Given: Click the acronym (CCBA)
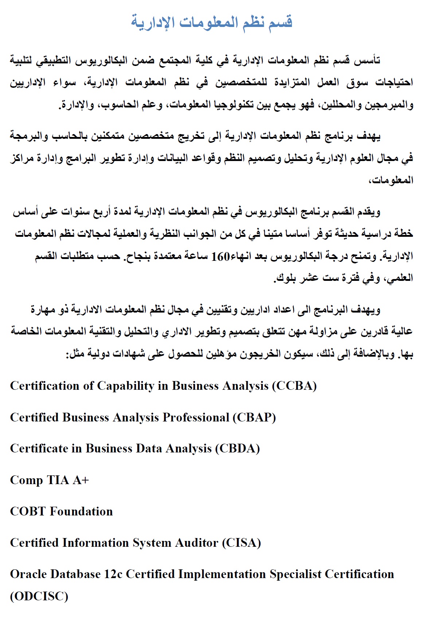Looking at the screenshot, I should tap(294, 386).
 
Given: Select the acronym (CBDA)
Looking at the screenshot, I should tap(238, 448).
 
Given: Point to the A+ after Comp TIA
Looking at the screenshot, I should tap(81, 480).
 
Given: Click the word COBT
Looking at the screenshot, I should tap(28, 511).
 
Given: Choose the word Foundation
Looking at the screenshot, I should tap(81, 511).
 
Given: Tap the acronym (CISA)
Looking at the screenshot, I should tap(242, 543).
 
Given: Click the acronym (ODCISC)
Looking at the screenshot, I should tap(39, 596).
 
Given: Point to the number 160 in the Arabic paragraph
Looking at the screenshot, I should tap(220, 256).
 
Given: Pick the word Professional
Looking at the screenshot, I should tap(196, 417).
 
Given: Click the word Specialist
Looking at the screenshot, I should tap(295, 574).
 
